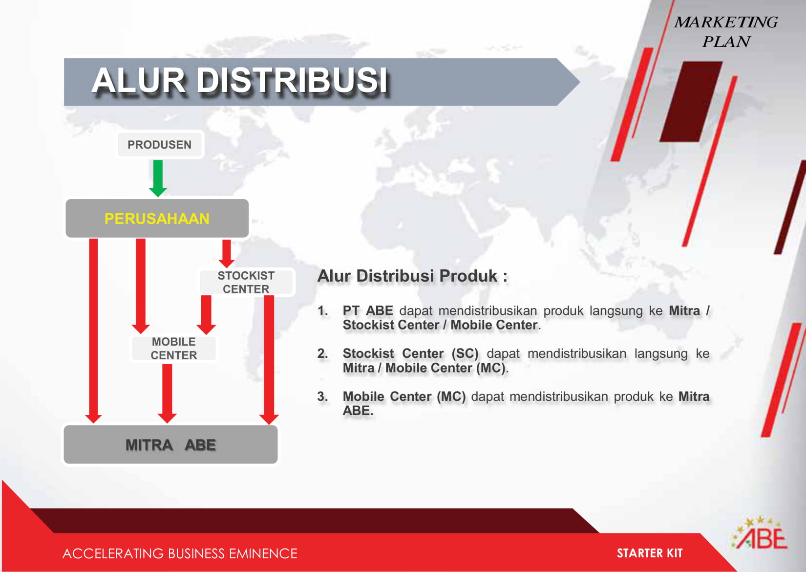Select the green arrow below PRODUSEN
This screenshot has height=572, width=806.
(158, 178)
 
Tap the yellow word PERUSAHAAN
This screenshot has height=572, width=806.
(157, 219)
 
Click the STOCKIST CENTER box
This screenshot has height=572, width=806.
(247, 282)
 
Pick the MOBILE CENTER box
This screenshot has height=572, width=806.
(174, 348)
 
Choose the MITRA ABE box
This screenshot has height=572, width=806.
(170, 444)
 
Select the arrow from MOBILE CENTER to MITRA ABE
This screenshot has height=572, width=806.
(167, 394)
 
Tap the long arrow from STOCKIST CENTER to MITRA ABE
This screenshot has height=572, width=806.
(269, 360)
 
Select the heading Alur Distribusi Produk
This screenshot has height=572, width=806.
(412, 276)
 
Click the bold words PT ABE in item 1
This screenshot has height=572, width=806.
(368, 310)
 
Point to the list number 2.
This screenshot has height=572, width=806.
(322, 353)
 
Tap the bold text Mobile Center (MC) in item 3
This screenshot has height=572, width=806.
(404, 396)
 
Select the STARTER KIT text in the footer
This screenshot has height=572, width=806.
(650, 553)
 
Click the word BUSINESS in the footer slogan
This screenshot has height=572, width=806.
(196, 553)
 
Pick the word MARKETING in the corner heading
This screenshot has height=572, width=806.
(726, 22)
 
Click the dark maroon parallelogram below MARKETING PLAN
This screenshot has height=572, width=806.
(691, 102)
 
